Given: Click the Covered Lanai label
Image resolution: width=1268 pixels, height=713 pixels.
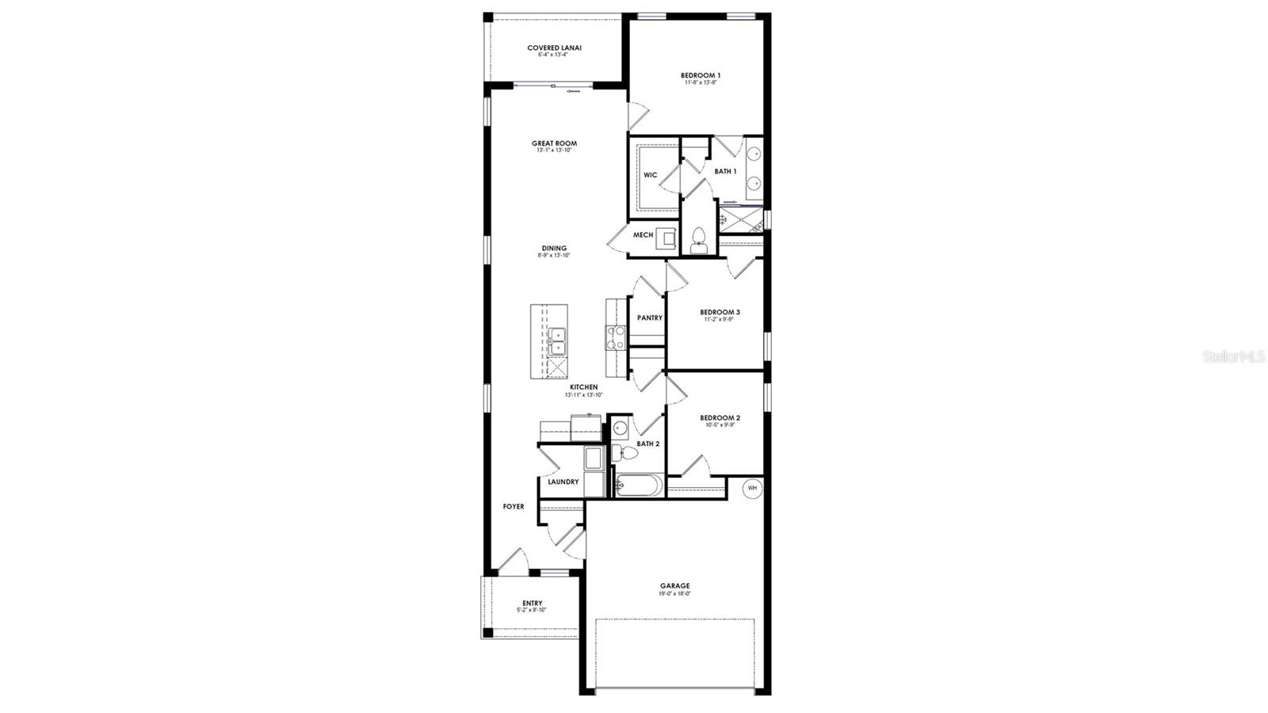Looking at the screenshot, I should [x=554, y=48].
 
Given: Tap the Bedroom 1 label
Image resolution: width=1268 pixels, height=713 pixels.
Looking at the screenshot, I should [x=701, y=75].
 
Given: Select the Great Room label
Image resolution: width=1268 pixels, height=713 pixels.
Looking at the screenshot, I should [x=554, y=143].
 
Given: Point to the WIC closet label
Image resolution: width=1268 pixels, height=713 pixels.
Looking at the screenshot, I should [x=650, y=175].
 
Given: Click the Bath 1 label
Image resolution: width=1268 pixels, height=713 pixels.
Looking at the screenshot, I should [x=725, y=171].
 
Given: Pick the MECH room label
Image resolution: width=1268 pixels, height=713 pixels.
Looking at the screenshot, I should [x=643, y=234].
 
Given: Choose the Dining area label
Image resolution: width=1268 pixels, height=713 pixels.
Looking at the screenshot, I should [x=554, y=248].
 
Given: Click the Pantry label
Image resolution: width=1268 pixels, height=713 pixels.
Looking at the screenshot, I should [x=650, y=318].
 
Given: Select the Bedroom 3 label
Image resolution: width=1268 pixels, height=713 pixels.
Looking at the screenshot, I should [x=720, y=312].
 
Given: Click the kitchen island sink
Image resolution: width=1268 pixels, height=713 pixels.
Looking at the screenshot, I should [x=557, y=341].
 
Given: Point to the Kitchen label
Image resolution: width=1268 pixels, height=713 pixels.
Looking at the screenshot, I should [x=583, y=387].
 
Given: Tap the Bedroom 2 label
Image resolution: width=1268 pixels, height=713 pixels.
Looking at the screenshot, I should [x=720, y=418].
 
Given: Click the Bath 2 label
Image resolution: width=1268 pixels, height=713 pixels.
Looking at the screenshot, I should [x=647, y=444].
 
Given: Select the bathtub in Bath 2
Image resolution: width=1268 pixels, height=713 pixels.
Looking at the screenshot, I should [x=639, y=486].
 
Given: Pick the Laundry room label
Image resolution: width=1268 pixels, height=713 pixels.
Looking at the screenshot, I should [x=563, y=482].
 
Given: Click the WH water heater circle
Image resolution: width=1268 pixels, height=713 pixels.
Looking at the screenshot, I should [x=752, y=488].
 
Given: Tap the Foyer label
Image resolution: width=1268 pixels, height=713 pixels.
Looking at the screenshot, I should [x=514, y=506].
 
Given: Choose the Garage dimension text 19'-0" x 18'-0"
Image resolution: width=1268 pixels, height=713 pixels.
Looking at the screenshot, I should [x=674, y=593].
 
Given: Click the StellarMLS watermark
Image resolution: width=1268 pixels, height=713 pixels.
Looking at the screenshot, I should [x=1233, y=356].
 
